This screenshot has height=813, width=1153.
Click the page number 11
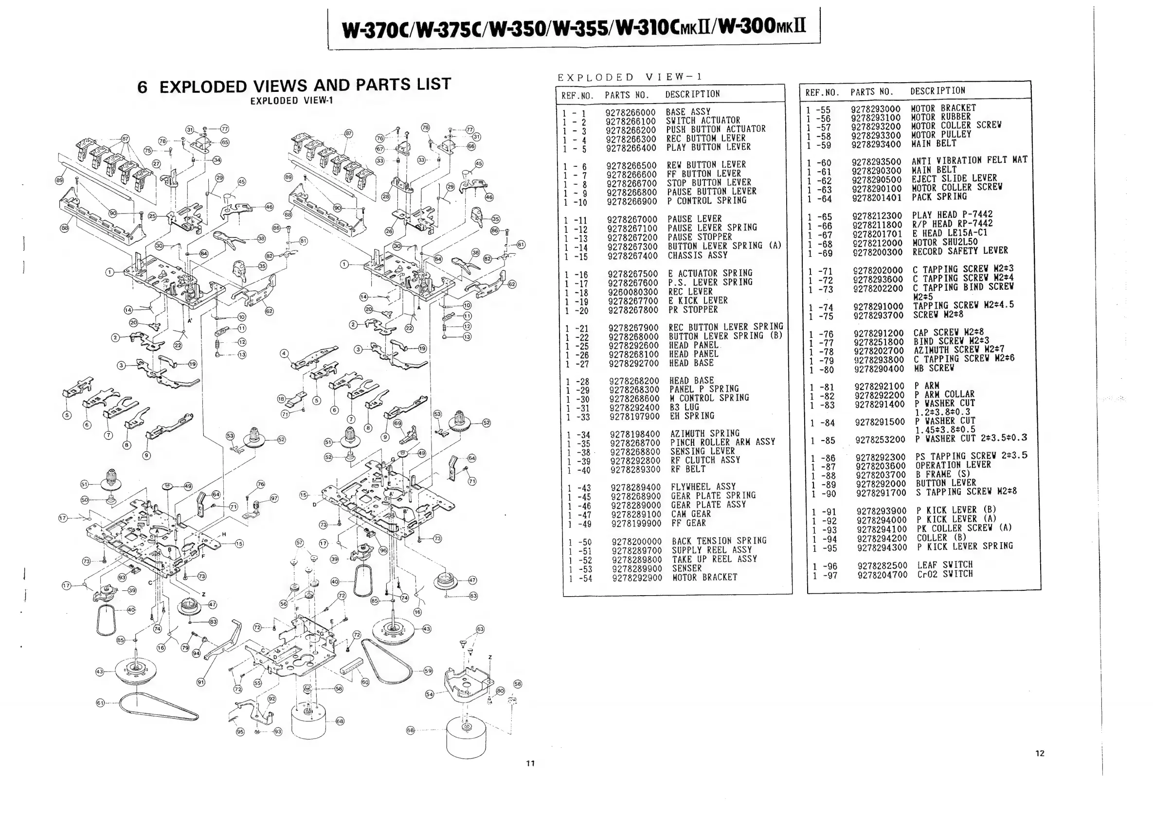click(530, 763)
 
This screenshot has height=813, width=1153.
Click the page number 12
click(1040, 753)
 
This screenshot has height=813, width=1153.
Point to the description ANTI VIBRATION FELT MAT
click(969, 160)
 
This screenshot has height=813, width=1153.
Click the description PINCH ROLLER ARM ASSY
click(722, 442)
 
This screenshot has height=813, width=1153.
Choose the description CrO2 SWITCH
click(945, 574)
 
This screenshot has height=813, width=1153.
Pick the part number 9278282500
click(883, 566)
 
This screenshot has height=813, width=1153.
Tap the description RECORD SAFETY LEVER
click(960, 251)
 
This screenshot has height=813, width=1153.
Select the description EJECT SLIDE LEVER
click(954, 178)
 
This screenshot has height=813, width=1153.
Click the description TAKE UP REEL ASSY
click(714, 559)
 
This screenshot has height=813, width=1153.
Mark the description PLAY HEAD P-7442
click(952, 215)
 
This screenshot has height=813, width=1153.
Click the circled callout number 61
click(100, 703)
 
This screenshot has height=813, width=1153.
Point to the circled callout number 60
click(365, 682)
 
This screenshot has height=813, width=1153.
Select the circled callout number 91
click(201, 682)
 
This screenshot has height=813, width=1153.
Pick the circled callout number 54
click(430, 694)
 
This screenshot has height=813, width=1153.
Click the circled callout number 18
click(281, 399)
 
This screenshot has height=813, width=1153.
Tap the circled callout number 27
click(157, 163)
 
